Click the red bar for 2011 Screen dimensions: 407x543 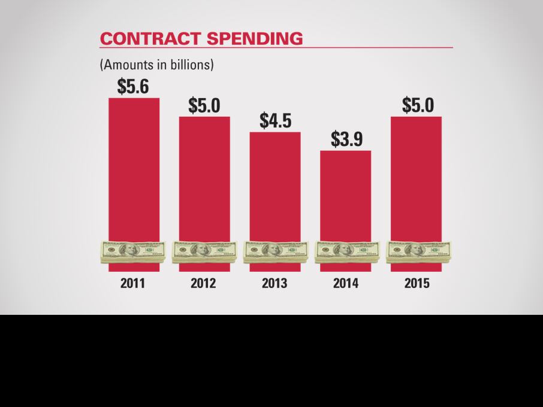pos(134,168)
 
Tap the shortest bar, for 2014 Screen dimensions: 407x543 pos(346,194)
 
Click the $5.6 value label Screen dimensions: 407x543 pos(133,87)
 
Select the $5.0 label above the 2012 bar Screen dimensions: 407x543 pos(204,105)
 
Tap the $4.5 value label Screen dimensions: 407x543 pos(275,120)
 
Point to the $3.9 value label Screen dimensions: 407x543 pos(346,139)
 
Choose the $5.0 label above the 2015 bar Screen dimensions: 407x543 pos(417,105)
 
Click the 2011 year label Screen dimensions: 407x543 pos(133,283)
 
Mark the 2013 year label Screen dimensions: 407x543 pos(274,283)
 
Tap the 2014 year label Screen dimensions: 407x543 pos(346,283)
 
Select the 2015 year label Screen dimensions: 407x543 pos(417,283)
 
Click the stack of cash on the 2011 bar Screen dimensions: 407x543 pos(133,252)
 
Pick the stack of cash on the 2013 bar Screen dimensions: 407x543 pos(275,252)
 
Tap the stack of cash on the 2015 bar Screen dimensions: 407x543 pos(418,252)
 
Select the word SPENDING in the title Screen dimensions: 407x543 pos(255,38)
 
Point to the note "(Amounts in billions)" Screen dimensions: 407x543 pos(156,65)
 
